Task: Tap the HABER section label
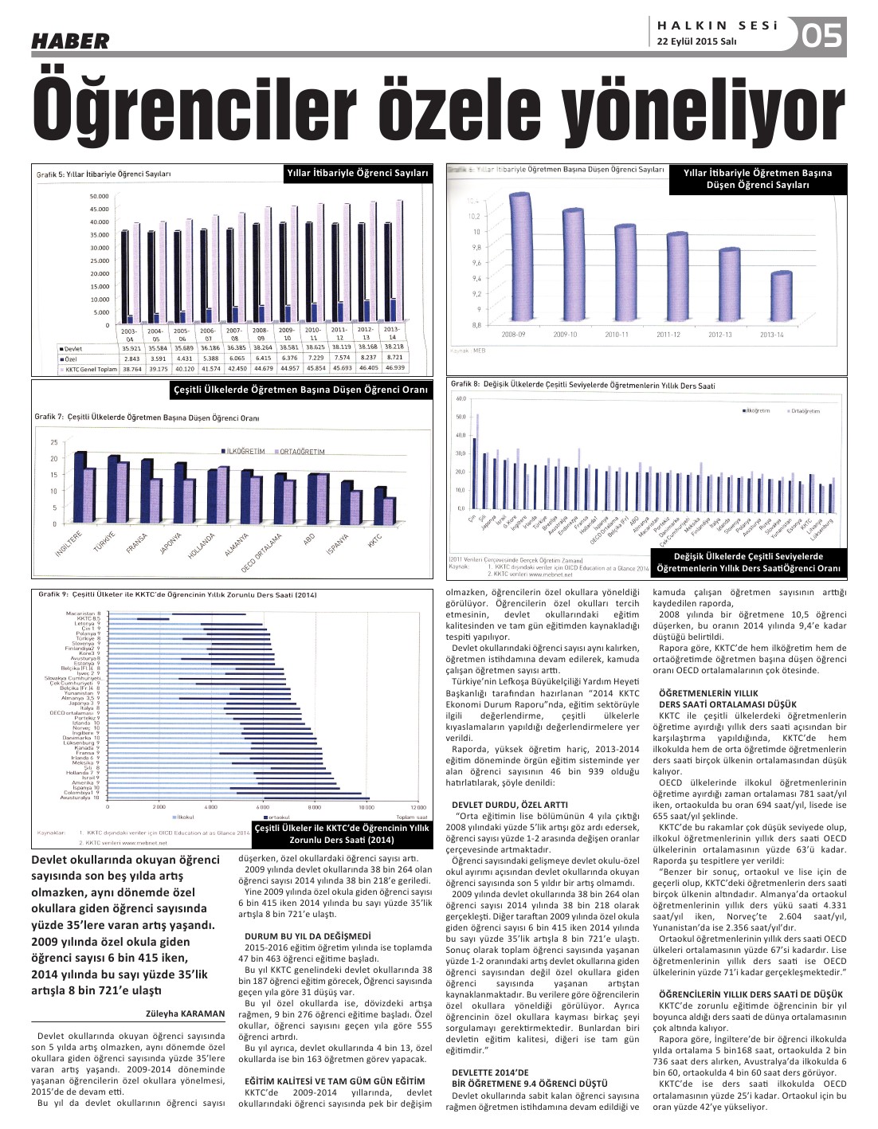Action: [x=70, y=41]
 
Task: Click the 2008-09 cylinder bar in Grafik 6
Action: [x=519, y=261]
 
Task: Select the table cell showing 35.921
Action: [x=131, y=348]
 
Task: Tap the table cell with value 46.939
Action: [x=395, y=368]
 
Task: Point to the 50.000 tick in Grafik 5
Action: [x=99, y=196]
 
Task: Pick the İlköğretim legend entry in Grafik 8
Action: [x=756, y=411]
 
